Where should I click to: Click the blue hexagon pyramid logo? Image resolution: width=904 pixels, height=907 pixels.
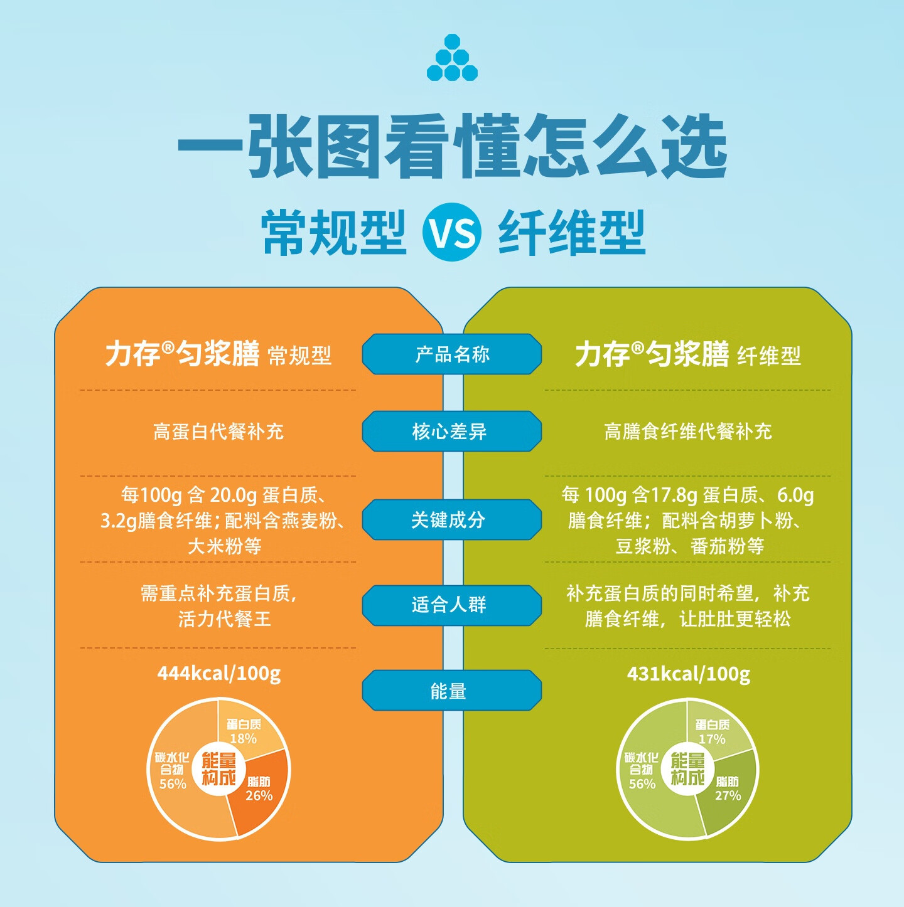(452, 58)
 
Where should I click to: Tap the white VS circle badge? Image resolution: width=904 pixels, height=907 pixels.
(452, 233)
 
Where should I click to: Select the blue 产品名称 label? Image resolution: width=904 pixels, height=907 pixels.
(451, 354)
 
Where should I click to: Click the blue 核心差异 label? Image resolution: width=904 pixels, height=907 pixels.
(451, 432)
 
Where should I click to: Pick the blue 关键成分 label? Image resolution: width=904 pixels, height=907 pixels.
(451, 520)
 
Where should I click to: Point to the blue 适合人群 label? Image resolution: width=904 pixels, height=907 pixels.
(451, 605)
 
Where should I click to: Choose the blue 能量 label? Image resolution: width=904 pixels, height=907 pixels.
(451, 691)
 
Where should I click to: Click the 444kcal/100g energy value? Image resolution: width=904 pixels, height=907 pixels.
(218, 674)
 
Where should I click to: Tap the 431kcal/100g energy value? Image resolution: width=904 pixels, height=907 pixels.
(689, 674)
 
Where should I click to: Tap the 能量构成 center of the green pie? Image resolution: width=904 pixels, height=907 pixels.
(688, 769)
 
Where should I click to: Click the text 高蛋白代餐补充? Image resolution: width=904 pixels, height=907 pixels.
(218, 432)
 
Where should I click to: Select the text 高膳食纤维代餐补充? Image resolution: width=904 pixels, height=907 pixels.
(688, 432)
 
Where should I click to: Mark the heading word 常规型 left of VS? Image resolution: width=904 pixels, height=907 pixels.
(334, 233)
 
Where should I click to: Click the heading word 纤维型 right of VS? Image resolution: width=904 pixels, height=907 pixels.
(572, 233)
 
